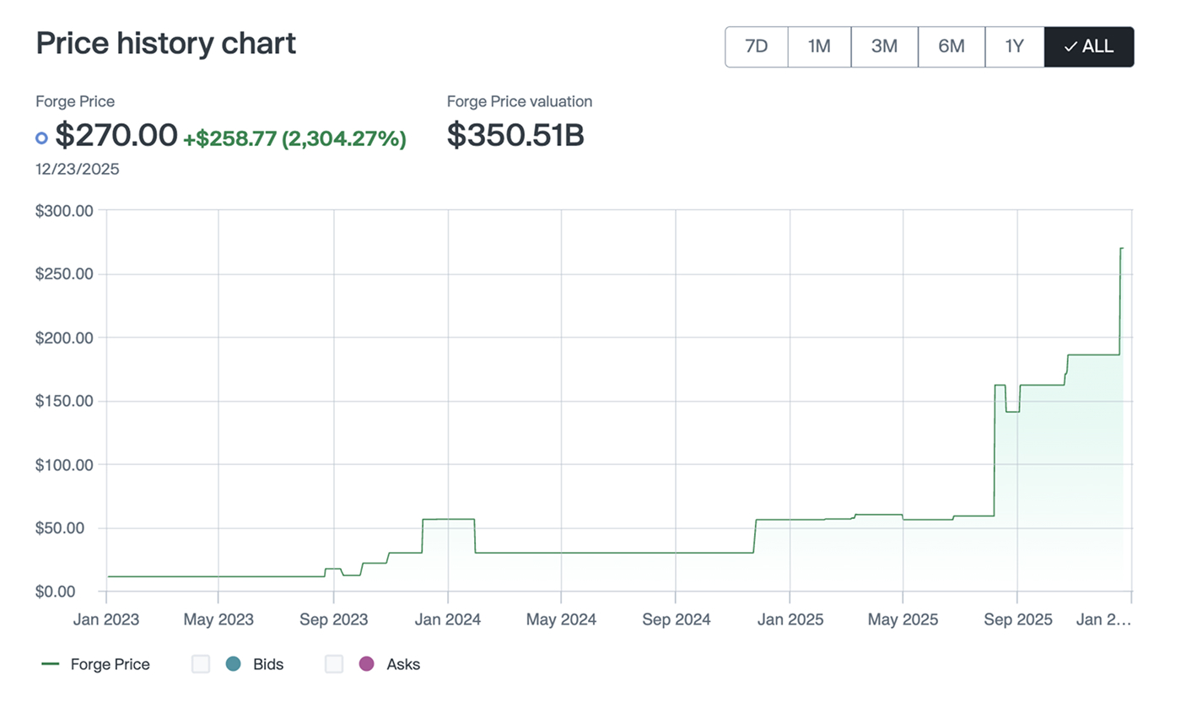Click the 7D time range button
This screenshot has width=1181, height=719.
click(756, 46)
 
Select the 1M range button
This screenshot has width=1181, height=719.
click(819, 46)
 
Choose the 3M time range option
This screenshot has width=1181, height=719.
click(884, 46)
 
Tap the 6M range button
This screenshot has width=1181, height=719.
click(951, 46)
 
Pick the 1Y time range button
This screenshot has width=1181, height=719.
click(1014, 46)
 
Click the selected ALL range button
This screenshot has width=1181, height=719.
click(1088, 46)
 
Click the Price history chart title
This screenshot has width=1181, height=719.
click(166, 43)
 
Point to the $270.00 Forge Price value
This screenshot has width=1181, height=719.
click(116, 135)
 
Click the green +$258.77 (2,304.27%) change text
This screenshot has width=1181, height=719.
click(294, 138)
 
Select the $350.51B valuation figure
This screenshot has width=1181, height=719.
click(515, 135)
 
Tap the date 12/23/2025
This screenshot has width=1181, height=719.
click(78, 169)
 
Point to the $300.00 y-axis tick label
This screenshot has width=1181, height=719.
click(64, 211)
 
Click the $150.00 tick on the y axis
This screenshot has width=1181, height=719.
click(64, 401)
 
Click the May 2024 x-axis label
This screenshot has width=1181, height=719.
click(561, 619)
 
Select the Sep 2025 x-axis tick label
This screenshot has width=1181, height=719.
click(1017, 619)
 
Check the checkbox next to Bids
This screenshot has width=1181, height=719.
click(201, 664)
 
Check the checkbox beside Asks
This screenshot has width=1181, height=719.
click(334, 664)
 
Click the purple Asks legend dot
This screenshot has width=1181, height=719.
click(366, 664)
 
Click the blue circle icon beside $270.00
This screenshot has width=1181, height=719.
click(42, 138)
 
